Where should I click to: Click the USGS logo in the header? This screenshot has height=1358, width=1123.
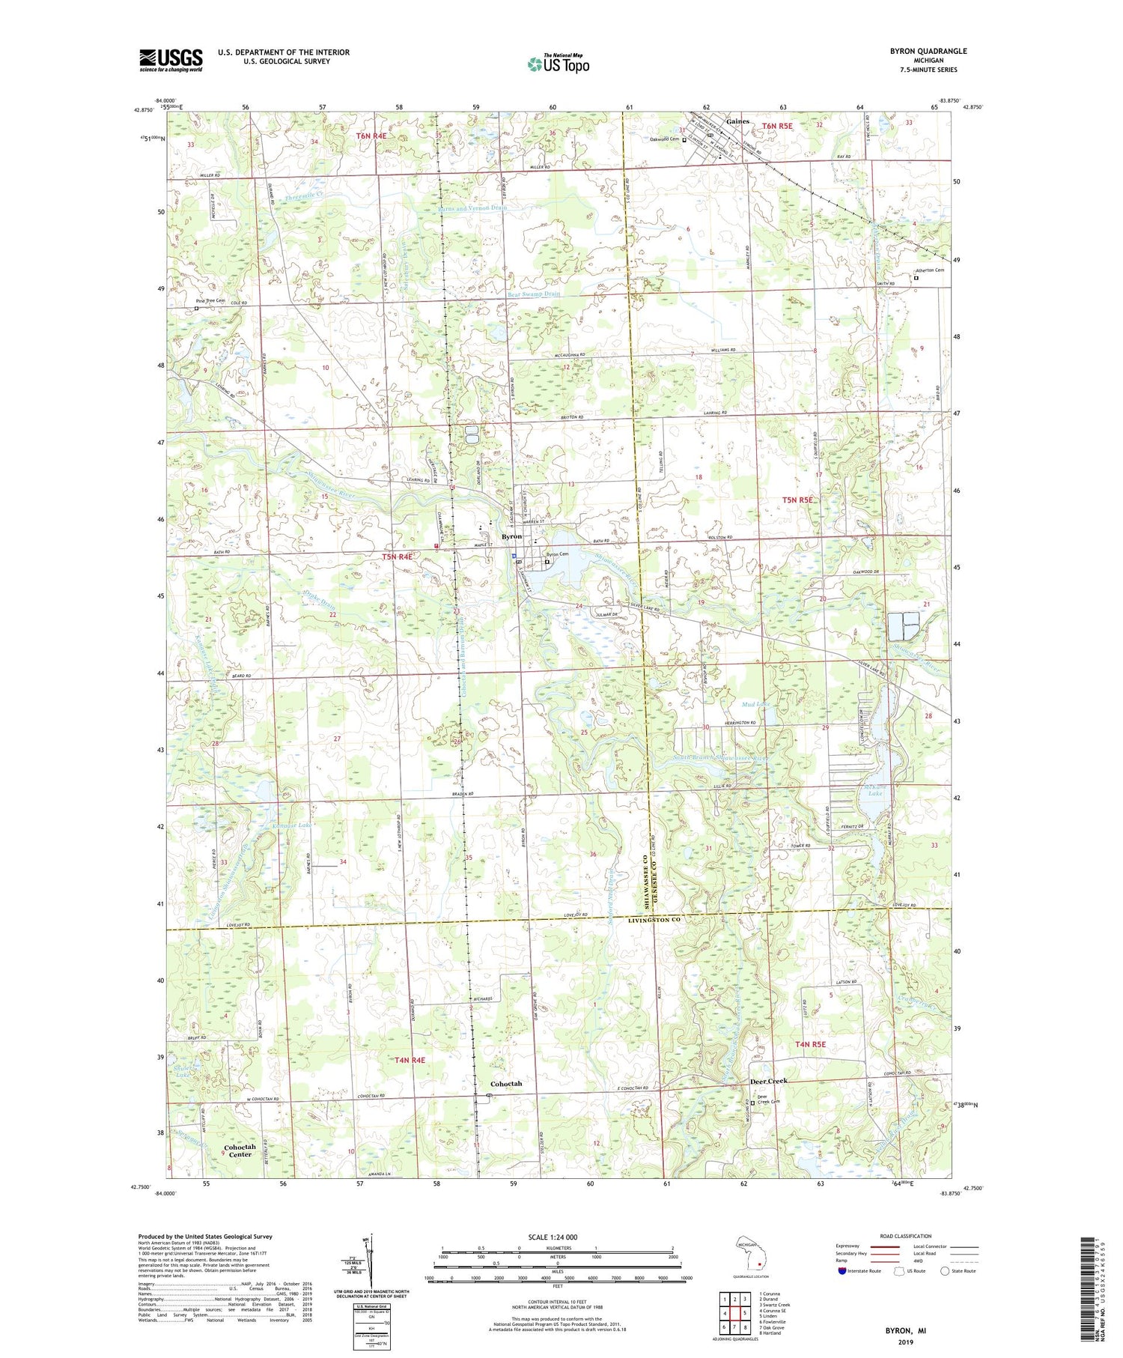pyautogui.click(x=171, y=60)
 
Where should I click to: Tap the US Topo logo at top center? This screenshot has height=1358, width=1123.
pyautogui.click(x=558, y=64)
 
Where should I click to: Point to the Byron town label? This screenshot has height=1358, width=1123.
pyautogui.click(x=511, y=537)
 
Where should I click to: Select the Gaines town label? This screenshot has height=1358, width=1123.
pyautogui.click(x=737, y=121)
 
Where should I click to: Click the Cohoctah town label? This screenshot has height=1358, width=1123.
pyautogui.click(x=506, y=1084)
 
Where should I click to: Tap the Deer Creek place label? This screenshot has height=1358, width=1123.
pyautogui.click(x=769, y=1081)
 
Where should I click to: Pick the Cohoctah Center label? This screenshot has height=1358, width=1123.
pyautogui.click(x=240, y=1151)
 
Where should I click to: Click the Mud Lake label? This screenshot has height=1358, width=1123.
pyautogui.click(x=755, y=704)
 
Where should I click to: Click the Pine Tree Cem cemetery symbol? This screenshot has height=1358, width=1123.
pyautogui.click(x=197, y=308)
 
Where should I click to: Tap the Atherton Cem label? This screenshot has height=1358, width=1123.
pyautogui.click(x=929, y=270)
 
